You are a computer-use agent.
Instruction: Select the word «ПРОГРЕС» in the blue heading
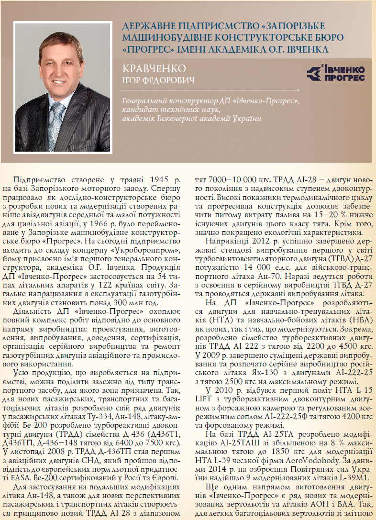pos(144,48)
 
